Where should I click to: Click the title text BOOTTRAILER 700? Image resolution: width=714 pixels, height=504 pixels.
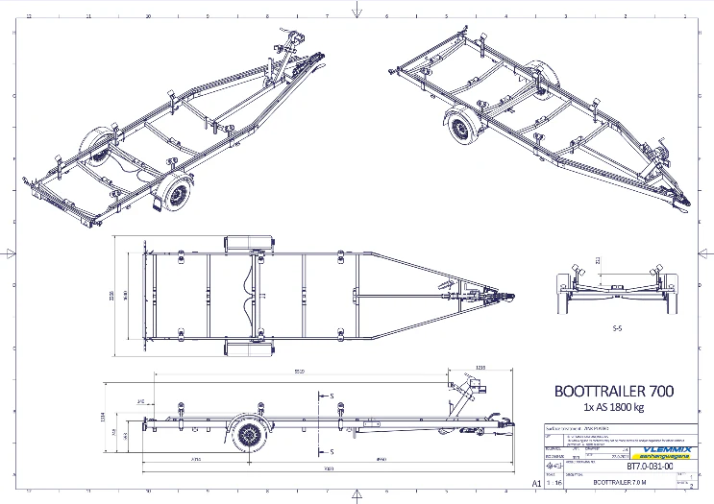(x=614, y=391)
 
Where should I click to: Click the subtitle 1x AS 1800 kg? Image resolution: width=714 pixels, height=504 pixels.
(x=613, y=407)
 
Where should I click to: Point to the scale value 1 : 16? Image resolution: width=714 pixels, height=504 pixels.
(x=554, y=484)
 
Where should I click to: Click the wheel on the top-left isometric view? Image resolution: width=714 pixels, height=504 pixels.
(x=176, y=195)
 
